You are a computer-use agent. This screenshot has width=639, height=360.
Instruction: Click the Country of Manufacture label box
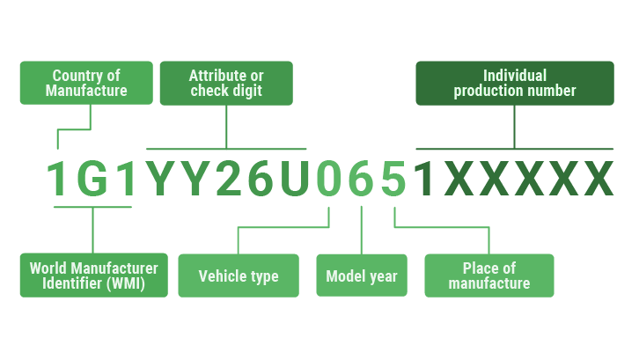tap(86, 83)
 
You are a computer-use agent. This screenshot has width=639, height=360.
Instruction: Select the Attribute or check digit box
tap(226, 83)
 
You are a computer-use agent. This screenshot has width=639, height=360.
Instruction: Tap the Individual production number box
tap(515, 83)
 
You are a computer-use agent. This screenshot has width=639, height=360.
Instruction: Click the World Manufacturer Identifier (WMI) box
tap(93, 276)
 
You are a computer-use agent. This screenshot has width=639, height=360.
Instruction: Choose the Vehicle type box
tap(239, 276)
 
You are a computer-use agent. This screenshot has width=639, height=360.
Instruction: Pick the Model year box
tap(362, 276)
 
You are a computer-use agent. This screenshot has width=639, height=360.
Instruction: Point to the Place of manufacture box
tap(489, 276)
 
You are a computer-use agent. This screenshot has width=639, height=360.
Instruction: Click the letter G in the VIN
tap(92, 179)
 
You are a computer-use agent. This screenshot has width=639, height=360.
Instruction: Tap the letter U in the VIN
tap(293, 179)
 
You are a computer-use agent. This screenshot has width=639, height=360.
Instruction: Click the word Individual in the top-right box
tap(515, 76)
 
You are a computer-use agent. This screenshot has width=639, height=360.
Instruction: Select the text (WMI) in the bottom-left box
tap(123, 283)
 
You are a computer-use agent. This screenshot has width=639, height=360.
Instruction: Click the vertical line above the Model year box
tap(362, 231)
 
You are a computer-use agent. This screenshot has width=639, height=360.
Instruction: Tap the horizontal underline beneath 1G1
tap(92, 207)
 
